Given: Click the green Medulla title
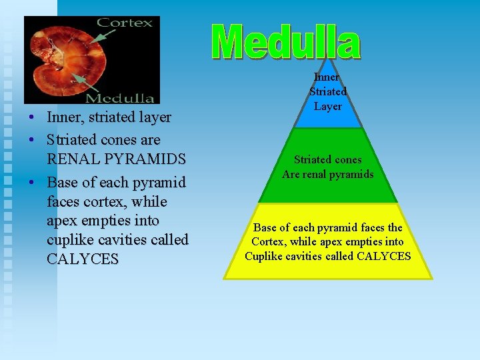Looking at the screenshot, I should (x=287, y=42).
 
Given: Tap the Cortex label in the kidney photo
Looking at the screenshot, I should (x=125, y=23).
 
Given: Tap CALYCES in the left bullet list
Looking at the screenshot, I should (x=82, y=259).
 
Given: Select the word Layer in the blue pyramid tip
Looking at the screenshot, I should (x=328, y=107).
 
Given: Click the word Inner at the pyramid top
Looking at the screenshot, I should (x=327, y=77).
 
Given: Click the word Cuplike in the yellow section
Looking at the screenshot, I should (x=265, y=256).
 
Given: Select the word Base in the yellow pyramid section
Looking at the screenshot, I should (x=265, y=227).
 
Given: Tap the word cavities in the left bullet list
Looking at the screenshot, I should (x=136, y=239).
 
